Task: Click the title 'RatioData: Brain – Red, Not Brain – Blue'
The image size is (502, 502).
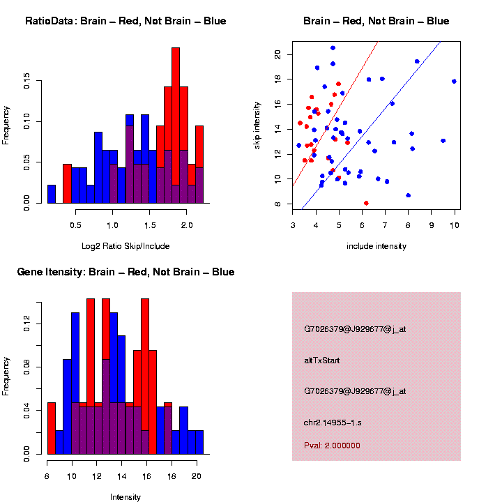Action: coord(125,21)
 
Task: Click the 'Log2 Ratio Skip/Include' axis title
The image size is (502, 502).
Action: coord(125,245)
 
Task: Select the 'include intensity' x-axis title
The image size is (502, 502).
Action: coord(376,245)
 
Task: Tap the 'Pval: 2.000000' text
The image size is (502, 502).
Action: coord(332,446)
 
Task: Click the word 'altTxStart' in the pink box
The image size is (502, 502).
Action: coord(322,360)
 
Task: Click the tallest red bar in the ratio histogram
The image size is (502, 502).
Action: coord(176,125)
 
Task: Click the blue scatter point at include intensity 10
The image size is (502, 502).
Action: coord(454,82)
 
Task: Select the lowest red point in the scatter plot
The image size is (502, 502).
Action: coord(366,203)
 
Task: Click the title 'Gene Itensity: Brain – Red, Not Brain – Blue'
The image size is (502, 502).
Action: coord(125,271)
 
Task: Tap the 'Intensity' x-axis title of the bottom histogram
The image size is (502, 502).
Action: coord(125,497)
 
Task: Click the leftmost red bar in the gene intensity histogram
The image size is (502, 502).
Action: coord(51,428)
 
